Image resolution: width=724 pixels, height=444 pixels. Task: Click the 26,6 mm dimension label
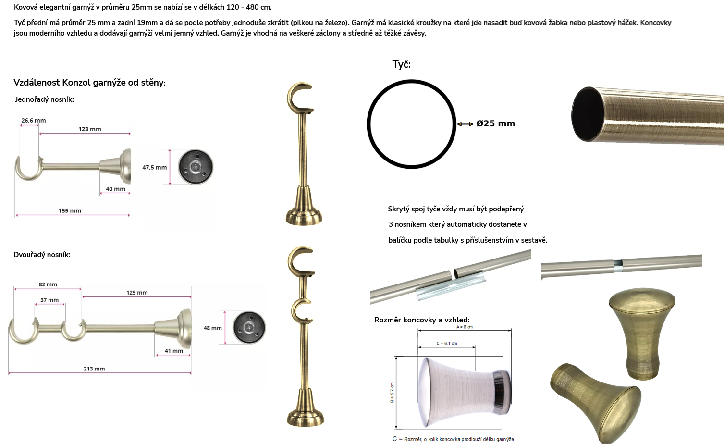click(x=34, y=121)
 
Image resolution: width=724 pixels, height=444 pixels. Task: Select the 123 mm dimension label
click(x=90, y=129)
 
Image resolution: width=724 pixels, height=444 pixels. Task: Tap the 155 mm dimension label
click(x=70, y=211)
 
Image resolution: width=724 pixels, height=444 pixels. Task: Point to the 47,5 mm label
click(x=155, y=168)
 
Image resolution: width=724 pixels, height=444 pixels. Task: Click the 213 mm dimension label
click(x=94, y=369)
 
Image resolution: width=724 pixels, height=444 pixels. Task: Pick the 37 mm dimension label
click(x=49, y=300)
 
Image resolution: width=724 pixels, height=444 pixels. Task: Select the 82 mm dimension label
click(x=48, y=284)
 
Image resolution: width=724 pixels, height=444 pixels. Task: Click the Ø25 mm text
click(x=495, y=123)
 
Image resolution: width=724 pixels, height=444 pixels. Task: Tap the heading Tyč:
click(x=402, y=64)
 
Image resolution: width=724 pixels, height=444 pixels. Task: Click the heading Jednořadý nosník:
click(x=44, y=99)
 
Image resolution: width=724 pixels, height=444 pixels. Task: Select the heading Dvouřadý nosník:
click(x=42, y=255)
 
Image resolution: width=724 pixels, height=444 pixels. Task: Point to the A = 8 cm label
click(x=465, y=327)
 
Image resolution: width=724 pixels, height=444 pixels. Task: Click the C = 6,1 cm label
click(x=447, y=344)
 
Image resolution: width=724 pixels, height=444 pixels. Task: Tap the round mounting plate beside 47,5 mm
click(x=196, y=167)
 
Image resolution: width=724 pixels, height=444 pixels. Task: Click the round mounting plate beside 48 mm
click(x=249, y=328)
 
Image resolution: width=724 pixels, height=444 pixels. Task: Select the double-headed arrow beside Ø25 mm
click(x=465, y=124)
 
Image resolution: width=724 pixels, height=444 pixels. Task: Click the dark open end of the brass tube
click(x=587, y=114)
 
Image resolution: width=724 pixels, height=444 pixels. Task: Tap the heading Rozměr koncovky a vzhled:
click(x=422, y=320)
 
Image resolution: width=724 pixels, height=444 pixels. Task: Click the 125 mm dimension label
click(x=137, y=293)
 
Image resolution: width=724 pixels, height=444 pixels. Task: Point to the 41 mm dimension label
click(x=174, y=351)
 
